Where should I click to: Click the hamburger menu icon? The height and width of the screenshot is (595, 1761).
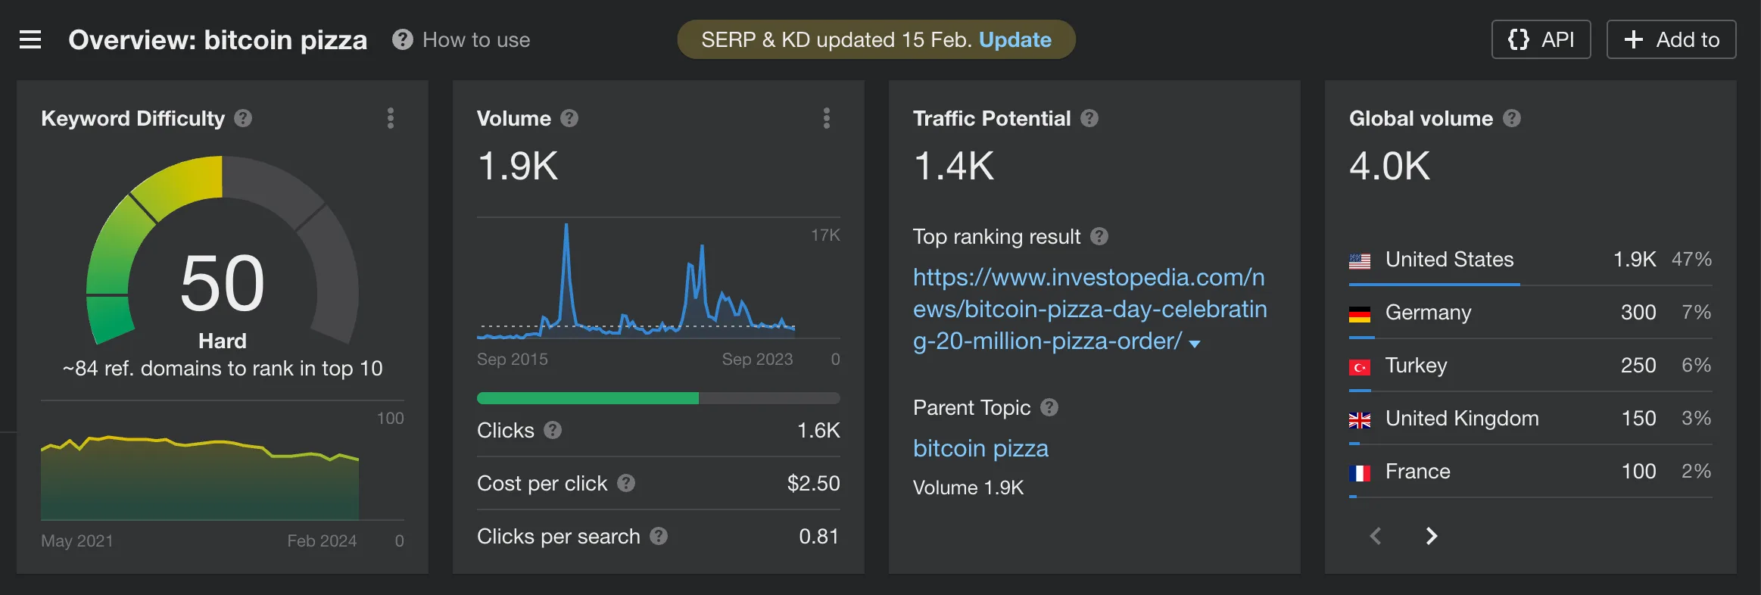click(x=30, y=39)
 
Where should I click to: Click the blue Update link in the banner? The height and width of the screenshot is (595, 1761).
click(x=1015, y=39)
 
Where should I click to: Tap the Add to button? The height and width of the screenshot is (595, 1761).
click(x=1671, y=39)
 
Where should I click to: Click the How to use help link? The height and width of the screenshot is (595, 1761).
click(x=462, y=39)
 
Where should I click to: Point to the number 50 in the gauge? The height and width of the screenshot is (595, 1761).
click(x=223, y=283)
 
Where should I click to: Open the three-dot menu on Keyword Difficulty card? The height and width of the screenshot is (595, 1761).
click(x=391, y=118)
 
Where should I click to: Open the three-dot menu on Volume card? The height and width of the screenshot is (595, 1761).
click(x=827, y=118)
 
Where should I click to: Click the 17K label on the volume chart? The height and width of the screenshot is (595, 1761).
click(x=824, y=235)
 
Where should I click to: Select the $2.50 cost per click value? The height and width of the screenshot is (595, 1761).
click(x=813, y=483)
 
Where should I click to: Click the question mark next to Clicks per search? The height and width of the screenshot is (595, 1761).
click(x=659, y=536)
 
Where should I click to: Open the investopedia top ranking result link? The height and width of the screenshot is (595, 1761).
click(x=1089, y=309)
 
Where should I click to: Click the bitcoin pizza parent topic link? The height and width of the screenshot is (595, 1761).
click(x=980, y=448)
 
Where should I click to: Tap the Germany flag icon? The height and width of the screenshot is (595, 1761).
click(x=1360, y=313)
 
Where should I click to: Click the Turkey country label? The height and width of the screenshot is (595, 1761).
click(x=1416, y=365)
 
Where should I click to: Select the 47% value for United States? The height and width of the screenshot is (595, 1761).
click(x=1691, y=259)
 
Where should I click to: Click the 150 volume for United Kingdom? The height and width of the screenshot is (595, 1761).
click(x=1638, y=418)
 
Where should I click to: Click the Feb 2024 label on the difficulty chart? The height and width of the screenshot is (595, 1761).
click(x=322, y=540)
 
